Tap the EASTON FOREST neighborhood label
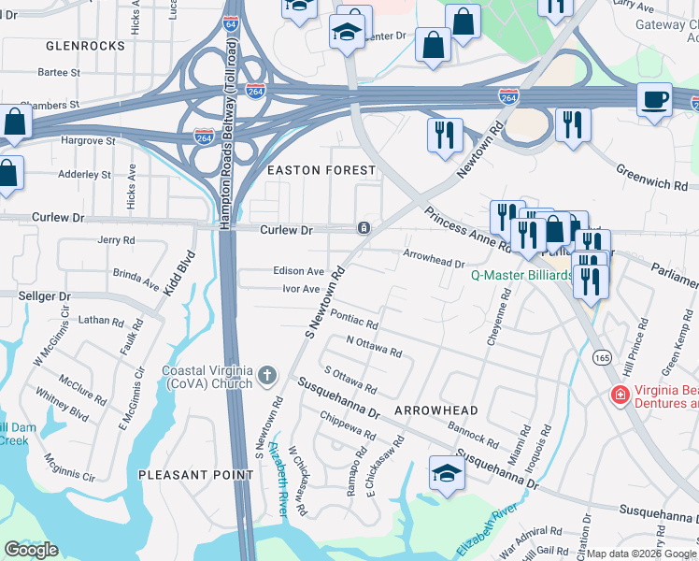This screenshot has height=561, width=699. (321, 170)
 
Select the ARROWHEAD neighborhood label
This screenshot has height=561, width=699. (436, 410)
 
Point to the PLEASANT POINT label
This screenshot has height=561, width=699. (196, 475)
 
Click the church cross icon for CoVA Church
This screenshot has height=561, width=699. (268, 376)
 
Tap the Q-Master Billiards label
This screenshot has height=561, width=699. (521, 276)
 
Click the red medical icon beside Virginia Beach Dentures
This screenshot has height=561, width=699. (618, 396)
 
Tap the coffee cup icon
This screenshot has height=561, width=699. (654, 99)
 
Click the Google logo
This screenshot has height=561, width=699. (32, 549)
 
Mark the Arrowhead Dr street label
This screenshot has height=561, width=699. (434, 259)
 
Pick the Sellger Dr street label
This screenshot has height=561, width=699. (45, 296)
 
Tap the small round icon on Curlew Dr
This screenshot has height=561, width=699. (363, 228)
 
